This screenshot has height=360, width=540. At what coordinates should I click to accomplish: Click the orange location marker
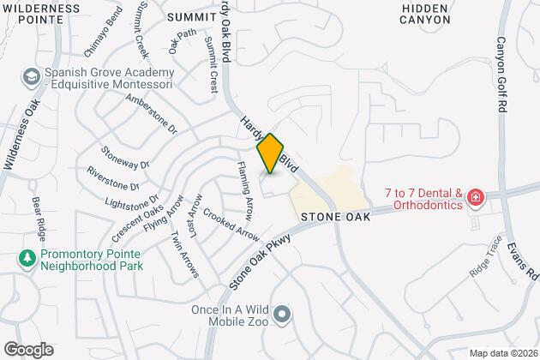pyautogui.click(x=270, y=154)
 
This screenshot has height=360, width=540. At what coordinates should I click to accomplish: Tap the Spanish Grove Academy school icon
pyautogui.click(x=31, y=78)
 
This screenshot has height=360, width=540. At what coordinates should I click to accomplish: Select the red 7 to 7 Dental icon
pyautogui.click(x=475, y=199)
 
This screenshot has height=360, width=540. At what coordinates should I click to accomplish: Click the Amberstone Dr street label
pyautogui.click(x=150, y=115)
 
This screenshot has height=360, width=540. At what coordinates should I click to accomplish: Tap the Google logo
pyautogui.click(x=27, y=349)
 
